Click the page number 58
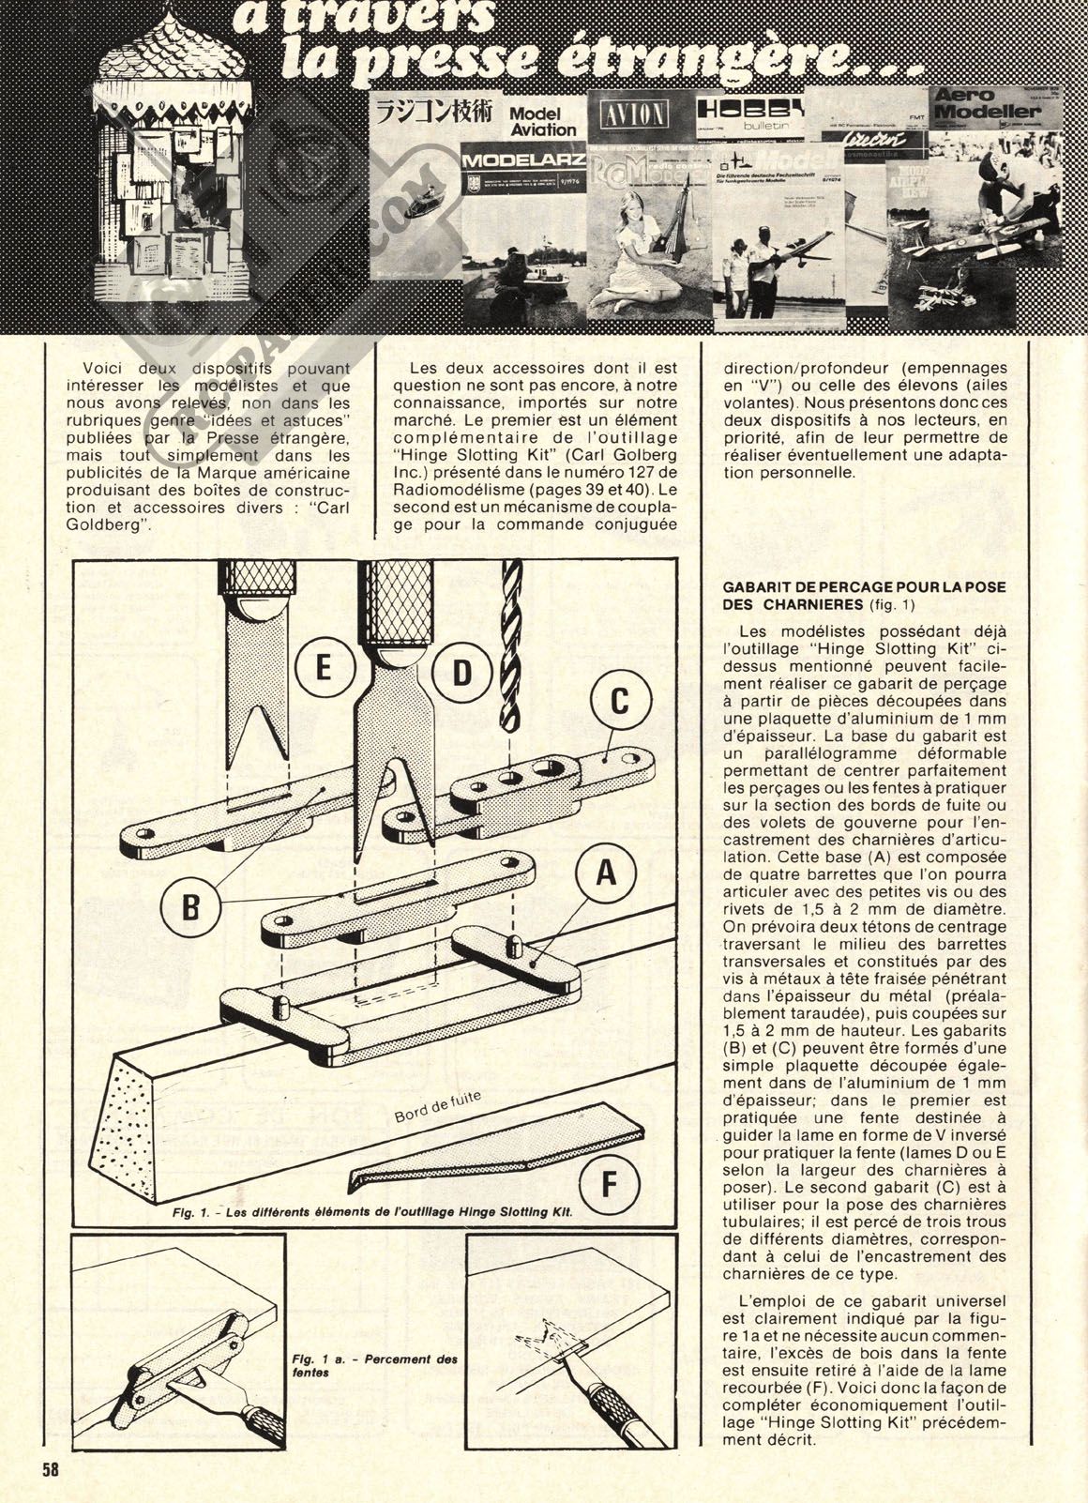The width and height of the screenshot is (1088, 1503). (50, 1471)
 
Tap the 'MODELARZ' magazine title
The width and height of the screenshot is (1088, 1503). (523, 160)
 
